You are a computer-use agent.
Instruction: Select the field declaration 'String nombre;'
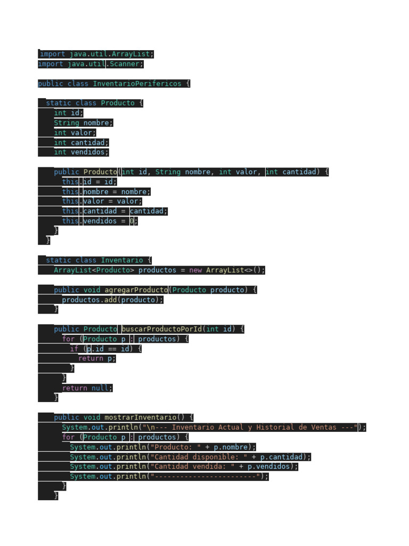point(83,123)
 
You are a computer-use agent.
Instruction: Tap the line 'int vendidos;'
point(81,152)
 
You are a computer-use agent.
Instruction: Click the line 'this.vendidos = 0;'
point(100,221)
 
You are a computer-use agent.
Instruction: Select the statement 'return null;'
point(87,388)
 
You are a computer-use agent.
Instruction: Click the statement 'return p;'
point(96,359)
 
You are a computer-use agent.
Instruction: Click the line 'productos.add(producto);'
point(112,300)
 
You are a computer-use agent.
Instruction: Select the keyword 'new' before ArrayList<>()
point(195,270)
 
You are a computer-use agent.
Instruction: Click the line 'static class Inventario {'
point(99,260)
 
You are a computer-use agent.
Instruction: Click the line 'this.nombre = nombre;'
point(106,192)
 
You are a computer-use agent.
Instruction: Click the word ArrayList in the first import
point(131,54)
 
